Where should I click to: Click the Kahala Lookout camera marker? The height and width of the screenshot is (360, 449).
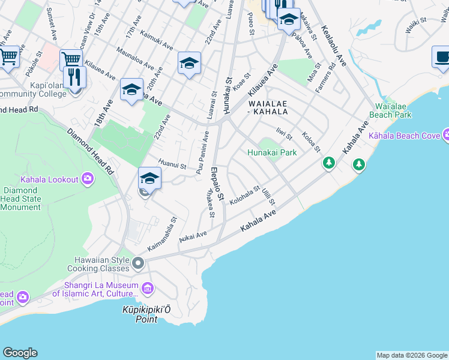(x=88, y=178)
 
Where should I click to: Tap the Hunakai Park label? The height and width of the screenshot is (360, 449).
(x=273, y=152)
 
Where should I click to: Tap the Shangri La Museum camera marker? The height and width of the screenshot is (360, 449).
(x=148, y=289)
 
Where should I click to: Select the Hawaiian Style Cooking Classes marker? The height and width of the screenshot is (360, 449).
(x=139, y=263)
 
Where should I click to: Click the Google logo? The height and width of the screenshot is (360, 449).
(x=20, y=353)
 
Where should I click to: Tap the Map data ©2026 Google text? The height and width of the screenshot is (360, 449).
(x=412, y=355)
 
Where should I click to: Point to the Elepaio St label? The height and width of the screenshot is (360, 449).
(x=217, y=185)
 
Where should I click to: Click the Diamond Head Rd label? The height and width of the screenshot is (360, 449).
(x=91, y=154)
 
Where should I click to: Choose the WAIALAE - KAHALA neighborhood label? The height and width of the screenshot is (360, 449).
(x=268, y=107)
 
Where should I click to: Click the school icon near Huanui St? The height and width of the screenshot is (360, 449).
(x=149, y=178)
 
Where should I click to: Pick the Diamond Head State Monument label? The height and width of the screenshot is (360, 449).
(x=21, y=199)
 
